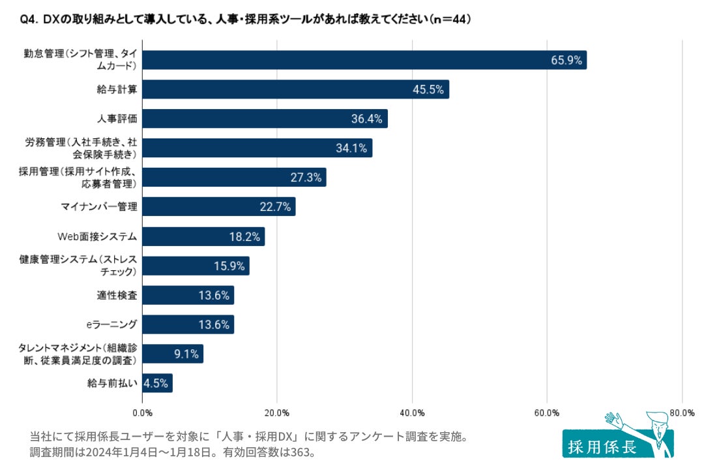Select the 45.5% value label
[428, 89]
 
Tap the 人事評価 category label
[117, 119]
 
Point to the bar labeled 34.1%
[257, 148]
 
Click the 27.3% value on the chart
[306, 178]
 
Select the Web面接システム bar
[203, 236]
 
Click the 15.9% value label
[229, 266]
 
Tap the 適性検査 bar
[188, 295]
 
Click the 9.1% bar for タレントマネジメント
[173, 354]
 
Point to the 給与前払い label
[112, 383]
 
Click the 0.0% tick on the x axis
[142, 413]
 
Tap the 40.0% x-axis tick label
[412, 413]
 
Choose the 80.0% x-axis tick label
[682, 413]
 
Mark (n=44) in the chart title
[449, 20]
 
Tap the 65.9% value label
[566, 60]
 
